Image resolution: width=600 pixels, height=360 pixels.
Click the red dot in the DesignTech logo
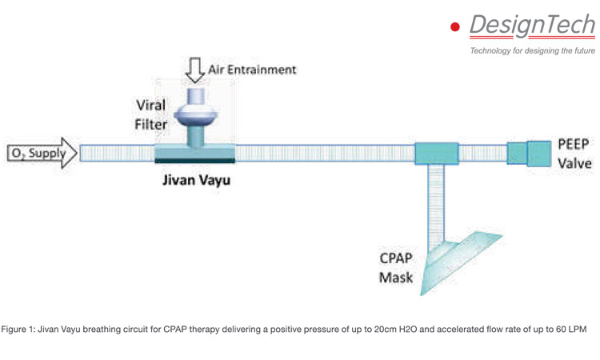(x=456, y=27)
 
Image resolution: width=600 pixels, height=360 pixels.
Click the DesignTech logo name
(x=530, y=26)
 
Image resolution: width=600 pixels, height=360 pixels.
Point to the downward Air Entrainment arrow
(x=195, y=70)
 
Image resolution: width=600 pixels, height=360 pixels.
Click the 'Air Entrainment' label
(x=252, y=70)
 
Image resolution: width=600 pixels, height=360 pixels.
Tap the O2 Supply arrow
(x=40, y=152)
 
